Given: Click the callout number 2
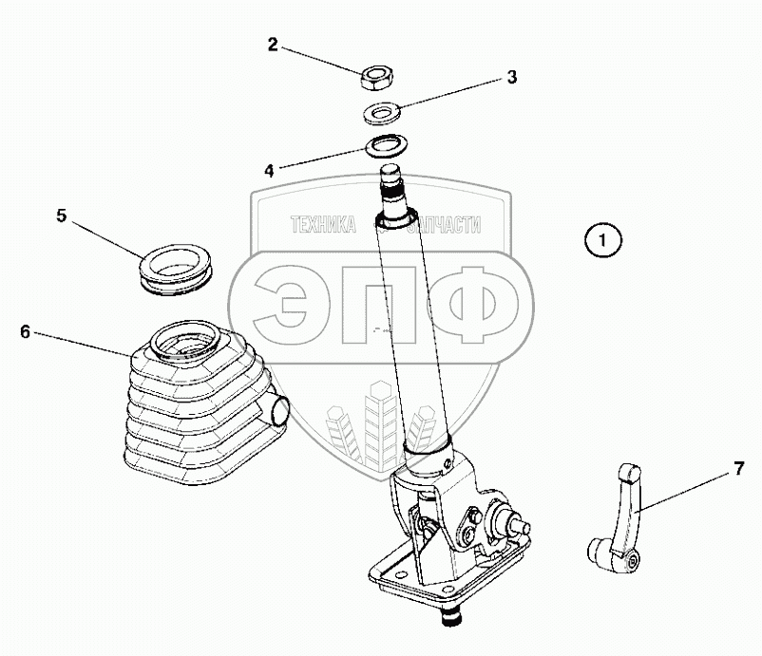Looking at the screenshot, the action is point(273,45).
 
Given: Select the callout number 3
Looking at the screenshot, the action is point(511,78).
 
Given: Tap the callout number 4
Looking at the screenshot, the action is point(269,171).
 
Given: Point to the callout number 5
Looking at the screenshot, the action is point(61,216).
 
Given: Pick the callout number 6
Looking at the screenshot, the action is point(26,331).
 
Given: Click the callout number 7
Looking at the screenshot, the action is point(738,468).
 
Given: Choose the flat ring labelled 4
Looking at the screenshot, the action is point(385,147).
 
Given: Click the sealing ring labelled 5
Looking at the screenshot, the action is point(176,265).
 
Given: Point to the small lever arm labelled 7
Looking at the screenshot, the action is point(623,513).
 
